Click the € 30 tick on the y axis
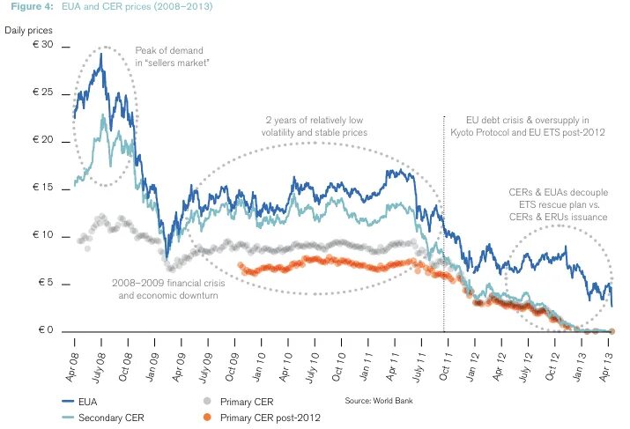[x=44, y=45]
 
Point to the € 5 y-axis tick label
[x=47, y=284]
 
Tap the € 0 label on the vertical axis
[x=47, y=331]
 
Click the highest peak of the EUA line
[x=101, y=55]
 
